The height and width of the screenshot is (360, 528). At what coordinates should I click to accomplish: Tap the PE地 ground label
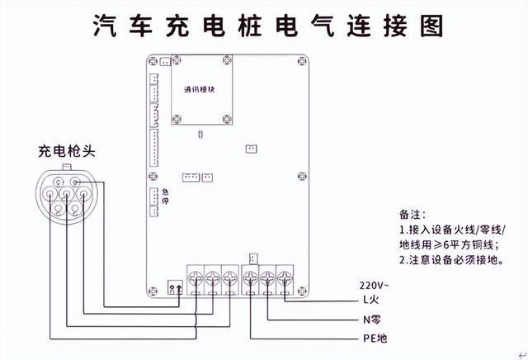point(375,339)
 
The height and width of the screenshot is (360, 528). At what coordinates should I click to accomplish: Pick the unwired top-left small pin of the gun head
point(59,182)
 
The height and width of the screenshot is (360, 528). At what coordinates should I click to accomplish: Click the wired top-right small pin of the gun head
point(76,182)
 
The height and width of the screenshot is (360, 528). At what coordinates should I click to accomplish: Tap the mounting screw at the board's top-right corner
point(303,61)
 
